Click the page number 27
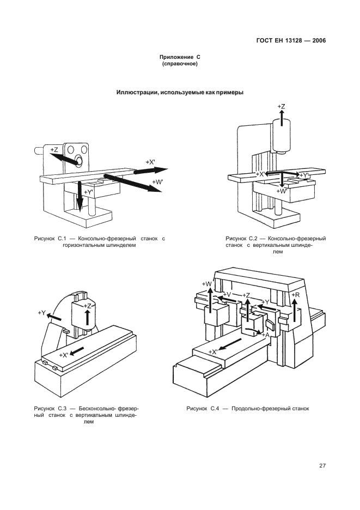pyautogui.click(x=322, y=465)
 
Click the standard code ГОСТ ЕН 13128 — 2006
pyautogui.click(x=291, y=41)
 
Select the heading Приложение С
pyautogui.click(x=180, y=57)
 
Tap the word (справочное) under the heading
pyautogui.click(x=180, y=64)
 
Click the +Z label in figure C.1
pyautogui.click(x=54, y=150)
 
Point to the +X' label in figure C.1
pyautogui.click(x=150, y=162)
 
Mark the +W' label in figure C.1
pyautogui.click(x=158, y=182)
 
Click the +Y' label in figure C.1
pyautogui.click(x=89, y=192)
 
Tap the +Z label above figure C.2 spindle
pyautogui.click(x=281, y=106)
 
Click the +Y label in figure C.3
pyautogui.click(x=41, y=313)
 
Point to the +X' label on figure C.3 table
pyautogui.click(x=64, y=355)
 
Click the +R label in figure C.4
pyautogui.click(x=295, y=295)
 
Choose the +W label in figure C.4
pyautogui.click(x=207, y=284)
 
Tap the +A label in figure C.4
pyautogui.click(x=265, y=335)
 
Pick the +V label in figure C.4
pyautogui.click(x=227, y=294)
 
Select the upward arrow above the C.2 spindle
pyautogui.click(x=282, y=116)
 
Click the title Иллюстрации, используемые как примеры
pyautogui.click(x=180, y=93)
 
